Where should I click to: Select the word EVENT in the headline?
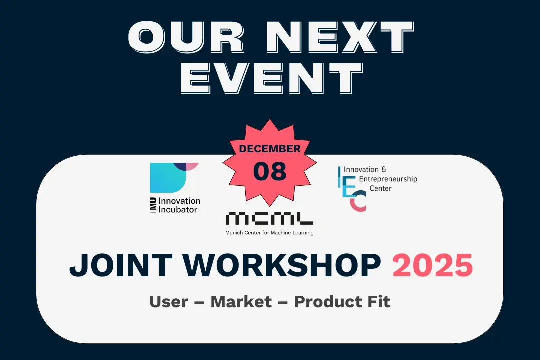[270, 79]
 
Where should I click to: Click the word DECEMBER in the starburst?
[270, 148]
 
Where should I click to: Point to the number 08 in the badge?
[270, 171]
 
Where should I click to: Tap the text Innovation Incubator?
[179, 205]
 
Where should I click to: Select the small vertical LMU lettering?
[154, 205]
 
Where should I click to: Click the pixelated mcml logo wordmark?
[269, 218]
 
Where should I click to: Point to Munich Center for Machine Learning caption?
[269, 232]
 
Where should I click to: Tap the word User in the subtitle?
[168, 301]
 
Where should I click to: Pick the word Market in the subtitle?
[241, 301]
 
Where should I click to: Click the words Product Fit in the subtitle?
[342, 301]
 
